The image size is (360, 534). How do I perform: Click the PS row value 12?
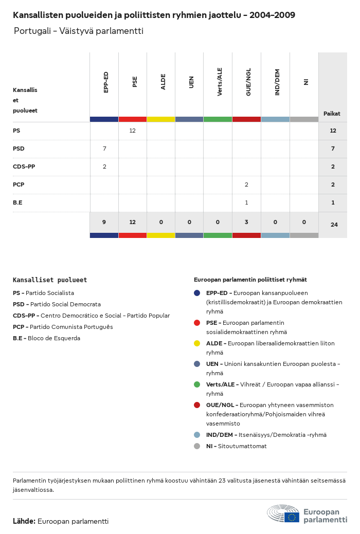point(132,131)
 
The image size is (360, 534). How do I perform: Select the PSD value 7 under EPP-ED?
point(104,149)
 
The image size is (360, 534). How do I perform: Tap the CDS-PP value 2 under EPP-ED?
point(104,167)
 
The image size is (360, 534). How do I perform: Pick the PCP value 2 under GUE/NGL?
point(246,185)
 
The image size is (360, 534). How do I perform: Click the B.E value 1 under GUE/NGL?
point(246,203)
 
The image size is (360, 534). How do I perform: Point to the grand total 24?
point(334,225)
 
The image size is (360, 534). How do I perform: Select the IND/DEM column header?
point(277,82)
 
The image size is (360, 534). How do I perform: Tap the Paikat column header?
point(332,114)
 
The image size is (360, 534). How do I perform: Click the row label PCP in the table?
point(19,185)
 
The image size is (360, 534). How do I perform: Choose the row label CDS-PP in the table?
point(24,167)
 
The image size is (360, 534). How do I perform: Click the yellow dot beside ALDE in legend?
point(197,343)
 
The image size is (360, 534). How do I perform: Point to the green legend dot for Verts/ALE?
point(197,384)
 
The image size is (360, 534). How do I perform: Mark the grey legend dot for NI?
point(197,446)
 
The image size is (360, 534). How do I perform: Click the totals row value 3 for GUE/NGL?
point(246,223)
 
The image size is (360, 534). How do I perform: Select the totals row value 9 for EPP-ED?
point(104,223)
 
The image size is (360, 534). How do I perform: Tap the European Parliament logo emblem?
point(283,513)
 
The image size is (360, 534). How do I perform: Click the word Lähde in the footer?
point(24,521)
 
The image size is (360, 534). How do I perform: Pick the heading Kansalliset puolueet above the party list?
point(50,280)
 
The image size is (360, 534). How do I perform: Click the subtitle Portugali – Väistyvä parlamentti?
point(78,31)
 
